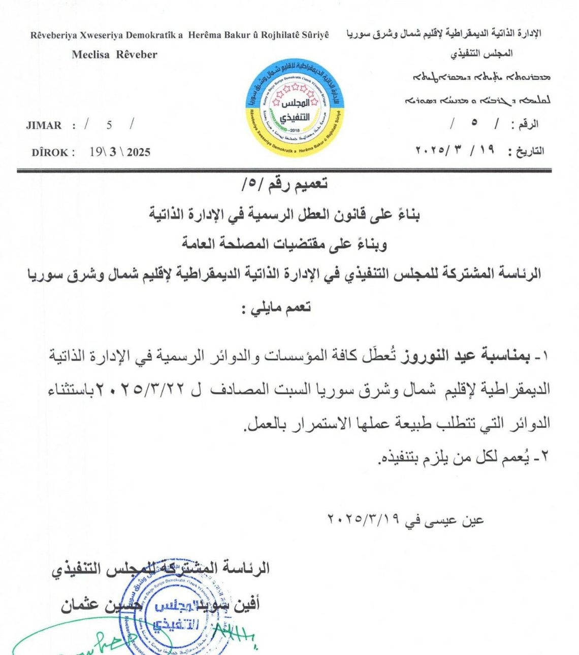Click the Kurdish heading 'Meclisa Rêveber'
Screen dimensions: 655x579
click(114, 55)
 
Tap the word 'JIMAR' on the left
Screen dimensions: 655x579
click(44, 125)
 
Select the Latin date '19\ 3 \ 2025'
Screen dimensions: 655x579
click(120, 152)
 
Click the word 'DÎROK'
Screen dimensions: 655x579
click(50, 152)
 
